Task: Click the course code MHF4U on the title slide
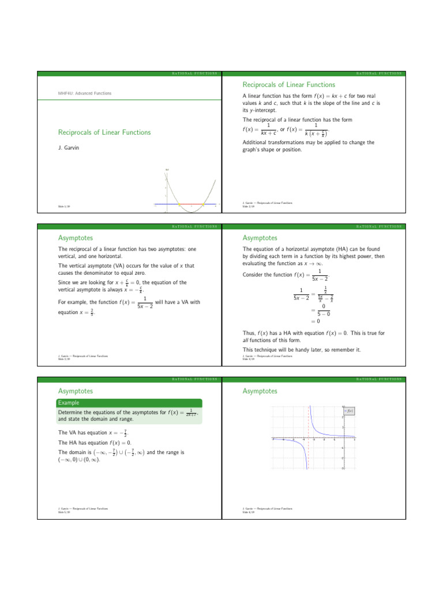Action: click(65, 93)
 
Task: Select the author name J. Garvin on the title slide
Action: click(67, 147)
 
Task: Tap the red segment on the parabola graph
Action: click(191, 204)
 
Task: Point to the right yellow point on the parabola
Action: click(204, 204)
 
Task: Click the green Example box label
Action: click(69, 403)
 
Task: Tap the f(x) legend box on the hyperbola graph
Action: click(348, 410)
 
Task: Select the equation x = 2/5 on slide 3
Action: click(77, 313)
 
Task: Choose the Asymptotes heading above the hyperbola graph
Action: click(260, 391)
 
